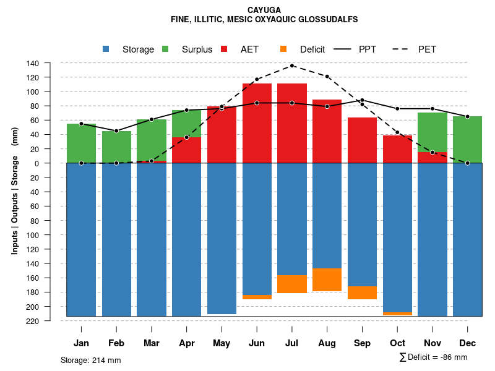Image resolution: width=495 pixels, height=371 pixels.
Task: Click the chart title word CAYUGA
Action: [264, 10]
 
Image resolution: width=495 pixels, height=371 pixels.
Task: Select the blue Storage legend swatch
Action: [106, 49]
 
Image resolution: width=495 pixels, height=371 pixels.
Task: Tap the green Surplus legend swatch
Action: [165, 49]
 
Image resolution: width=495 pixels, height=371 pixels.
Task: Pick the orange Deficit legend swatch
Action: [283, 49]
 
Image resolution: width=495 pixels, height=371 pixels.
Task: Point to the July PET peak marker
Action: [292, 66]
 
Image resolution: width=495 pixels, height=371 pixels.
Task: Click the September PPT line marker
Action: [363, 100]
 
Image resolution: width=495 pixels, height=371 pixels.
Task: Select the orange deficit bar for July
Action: [292, 284]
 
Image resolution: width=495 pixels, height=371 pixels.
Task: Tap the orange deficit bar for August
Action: [327, 279]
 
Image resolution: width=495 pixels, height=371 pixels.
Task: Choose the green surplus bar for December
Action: [468, 139]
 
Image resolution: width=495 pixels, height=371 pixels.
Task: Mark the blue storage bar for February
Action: [116, 239]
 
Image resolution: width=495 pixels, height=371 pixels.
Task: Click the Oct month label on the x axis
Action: [398, 343]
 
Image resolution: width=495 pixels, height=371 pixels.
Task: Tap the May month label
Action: [222, 343]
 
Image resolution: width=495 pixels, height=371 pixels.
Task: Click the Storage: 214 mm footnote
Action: [90, 360]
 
